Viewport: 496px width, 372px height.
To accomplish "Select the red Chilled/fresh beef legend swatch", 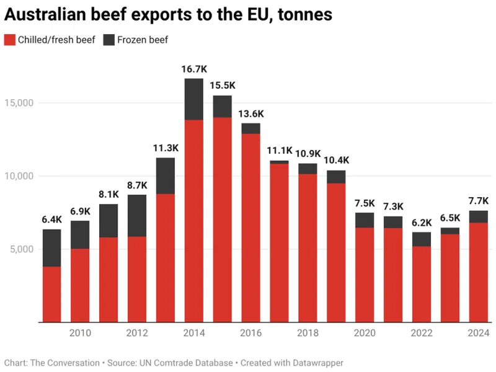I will [x=9, y=40].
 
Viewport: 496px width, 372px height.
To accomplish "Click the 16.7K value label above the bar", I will [x=193, y=69].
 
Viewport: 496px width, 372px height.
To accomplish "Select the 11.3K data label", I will [x=165, y=148].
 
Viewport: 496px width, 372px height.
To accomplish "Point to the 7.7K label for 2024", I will [x=477, y=201].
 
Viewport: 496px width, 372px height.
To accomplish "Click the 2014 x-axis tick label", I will [x=193, y=334].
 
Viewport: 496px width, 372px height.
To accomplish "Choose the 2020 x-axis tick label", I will [x=365, y=334].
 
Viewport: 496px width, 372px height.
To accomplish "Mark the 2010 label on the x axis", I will [x=80, y=334].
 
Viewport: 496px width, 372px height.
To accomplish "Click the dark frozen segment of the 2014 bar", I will [x=193, y=99].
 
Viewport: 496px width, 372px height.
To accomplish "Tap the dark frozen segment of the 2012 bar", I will [x=137, y=216].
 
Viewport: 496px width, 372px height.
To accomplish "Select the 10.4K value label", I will [x=336, y=161].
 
